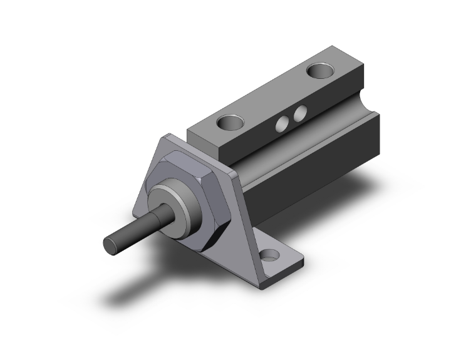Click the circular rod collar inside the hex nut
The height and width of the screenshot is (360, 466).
pyautogui.click(x=172, y=200)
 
